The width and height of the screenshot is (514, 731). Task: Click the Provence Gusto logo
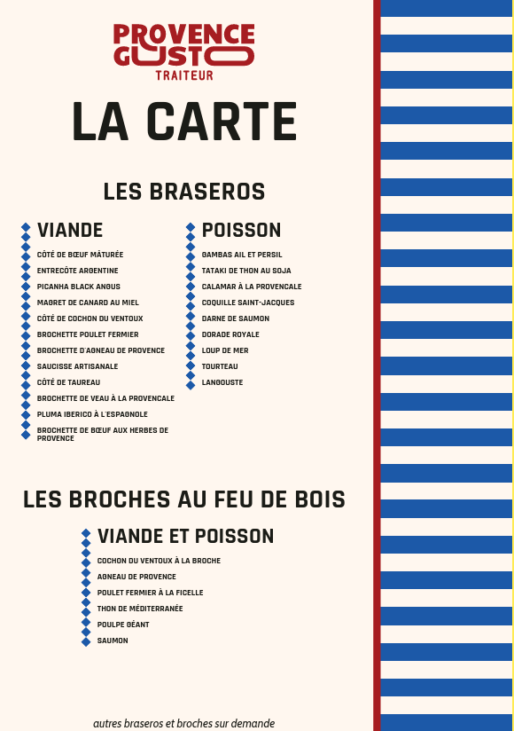(184, 45)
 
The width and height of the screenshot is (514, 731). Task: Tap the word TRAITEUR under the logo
(184, 75)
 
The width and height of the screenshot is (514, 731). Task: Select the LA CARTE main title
(184, 122)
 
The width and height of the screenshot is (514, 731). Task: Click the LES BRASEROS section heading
(184, 192)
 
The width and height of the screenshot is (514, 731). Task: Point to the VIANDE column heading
(70, 231)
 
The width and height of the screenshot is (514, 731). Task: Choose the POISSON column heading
(241, 231)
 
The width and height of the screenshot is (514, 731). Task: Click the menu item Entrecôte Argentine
(77, 271)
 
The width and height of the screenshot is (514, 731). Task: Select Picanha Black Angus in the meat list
(78, 287)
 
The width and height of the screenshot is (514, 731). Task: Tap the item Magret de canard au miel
(88, 303)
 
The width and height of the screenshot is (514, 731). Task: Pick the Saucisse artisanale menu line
(77, 366)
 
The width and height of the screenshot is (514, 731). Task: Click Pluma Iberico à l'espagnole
(92, 414)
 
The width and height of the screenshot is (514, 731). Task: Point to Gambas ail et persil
(242, 255)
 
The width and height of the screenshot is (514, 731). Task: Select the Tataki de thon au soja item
(246, 271)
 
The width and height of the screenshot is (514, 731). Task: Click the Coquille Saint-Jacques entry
(248, 303)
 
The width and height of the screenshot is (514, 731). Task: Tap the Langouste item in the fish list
(222, 382)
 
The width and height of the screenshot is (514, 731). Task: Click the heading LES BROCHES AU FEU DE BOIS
(184, 499)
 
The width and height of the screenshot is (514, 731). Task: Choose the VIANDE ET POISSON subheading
(185, 537)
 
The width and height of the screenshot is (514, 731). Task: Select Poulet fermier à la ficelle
(150, 593)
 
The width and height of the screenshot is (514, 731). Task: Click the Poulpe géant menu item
(123, 625)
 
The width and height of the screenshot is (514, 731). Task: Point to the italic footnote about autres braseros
(183, 723)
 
